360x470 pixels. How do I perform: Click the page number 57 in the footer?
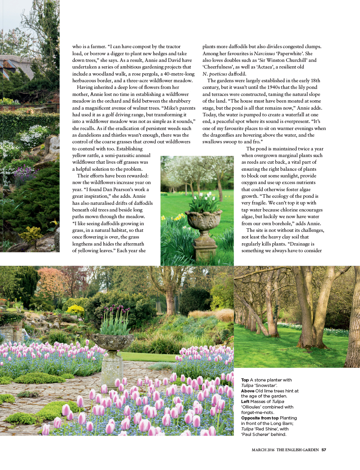tap(324, 450)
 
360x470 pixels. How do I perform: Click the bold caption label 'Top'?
tap(245, 380)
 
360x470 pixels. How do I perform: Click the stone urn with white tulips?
tap(203, 220)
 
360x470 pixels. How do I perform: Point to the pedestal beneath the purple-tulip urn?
tap(112, 368)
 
